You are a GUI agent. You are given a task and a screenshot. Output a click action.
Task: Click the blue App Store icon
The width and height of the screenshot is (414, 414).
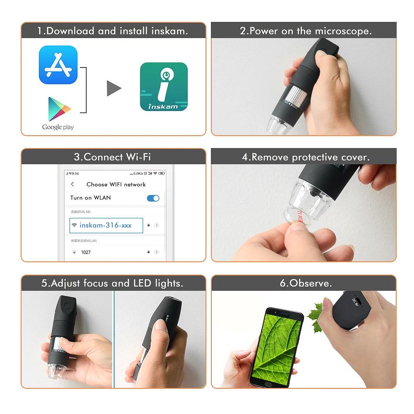pos(58,65)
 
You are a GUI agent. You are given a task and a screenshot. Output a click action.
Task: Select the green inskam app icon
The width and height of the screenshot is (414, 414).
pos(164,86)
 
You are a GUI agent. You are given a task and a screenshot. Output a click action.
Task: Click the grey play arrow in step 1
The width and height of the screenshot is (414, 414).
pos(114,88)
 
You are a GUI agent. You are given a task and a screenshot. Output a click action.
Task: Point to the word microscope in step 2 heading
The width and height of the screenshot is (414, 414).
pos(343,31)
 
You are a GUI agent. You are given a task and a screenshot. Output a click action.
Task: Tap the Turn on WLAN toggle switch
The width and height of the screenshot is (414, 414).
pos(153,198)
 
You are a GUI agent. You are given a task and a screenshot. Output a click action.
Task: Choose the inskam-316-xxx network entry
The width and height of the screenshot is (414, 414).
pos(106,225)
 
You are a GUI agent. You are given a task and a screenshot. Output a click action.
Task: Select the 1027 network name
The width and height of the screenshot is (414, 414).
pos(86,252)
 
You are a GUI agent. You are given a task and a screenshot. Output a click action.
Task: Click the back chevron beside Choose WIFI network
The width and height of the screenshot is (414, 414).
pos(73,184)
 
